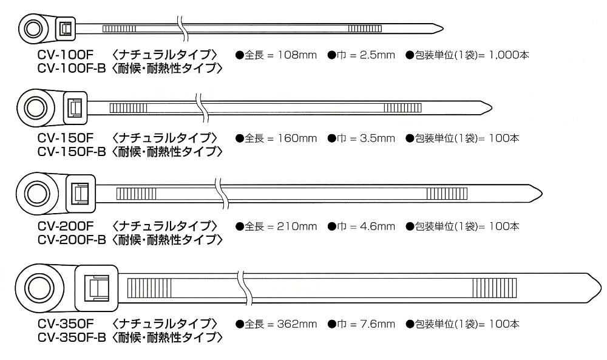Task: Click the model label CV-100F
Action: coord(66,55)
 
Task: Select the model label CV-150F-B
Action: coord(72,152)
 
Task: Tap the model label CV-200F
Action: coord(66,226)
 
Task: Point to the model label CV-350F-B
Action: coord(72,338)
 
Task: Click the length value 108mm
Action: coord(297,55)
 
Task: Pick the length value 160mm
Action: coord(297,138)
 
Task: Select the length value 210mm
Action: coord(297,226)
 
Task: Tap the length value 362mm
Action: coord(297,324)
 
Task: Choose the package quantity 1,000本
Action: coord(509,55)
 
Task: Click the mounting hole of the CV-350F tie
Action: coord(39,288)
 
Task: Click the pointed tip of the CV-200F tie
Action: coord(542,194)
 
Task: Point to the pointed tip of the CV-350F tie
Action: coord(601,288)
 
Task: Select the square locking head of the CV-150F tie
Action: coord(75,107)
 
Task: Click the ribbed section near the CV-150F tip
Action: coord(402,107)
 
